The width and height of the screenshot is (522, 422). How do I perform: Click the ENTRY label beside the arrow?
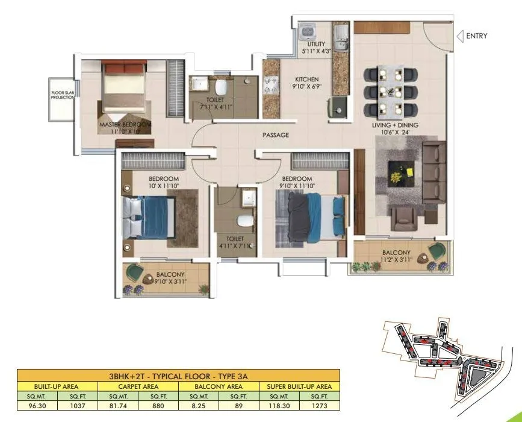[x=477, y=36]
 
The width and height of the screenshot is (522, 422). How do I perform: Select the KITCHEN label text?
[x=306, y=80]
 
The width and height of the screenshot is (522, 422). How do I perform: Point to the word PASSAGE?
[x=276, y=135]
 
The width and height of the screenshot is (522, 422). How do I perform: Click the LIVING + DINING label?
[x=394, y=125]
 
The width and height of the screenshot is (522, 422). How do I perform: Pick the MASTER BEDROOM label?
[x=125, y=125]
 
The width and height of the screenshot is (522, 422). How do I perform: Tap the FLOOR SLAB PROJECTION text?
[x=62, y=95]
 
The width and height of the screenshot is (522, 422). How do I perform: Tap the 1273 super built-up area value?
[x=320, y=406]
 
